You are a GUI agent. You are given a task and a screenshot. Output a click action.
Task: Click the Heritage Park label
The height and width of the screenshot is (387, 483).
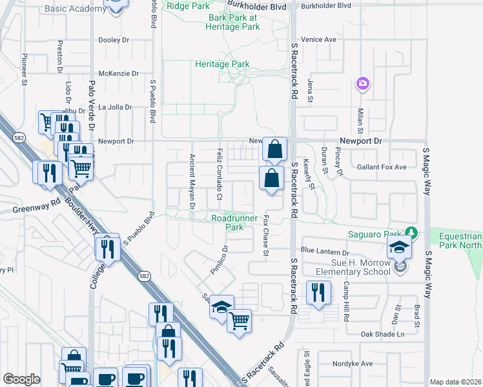point(222,64)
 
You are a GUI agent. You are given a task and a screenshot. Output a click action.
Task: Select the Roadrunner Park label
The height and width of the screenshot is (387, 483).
point(227,223)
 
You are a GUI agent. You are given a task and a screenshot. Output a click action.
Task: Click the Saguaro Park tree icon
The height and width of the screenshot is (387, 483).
point(411,232)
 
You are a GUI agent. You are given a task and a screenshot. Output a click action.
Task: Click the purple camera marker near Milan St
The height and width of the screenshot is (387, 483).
point(363,83)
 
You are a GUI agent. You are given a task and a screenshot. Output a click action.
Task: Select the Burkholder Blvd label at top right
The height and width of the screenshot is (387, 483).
point(326,5)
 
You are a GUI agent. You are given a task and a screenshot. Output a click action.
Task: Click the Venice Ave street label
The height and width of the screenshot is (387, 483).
point(323,39)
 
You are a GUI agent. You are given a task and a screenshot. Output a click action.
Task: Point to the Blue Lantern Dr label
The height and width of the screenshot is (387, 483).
point(324,251)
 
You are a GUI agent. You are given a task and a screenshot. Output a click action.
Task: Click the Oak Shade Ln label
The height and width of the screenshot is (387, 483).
point(382,334)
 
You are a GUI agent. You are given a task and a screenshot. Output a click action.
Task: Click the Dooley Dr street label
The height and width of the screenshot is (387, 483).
point(114,40)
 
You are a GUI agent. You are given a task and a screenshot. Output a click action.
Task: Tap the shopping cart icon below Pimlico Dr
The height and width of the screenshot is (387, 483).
point(239,319)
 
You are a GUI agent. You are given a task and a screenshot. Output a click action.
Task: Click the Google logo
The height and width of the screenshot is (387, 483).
point(22,379)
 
